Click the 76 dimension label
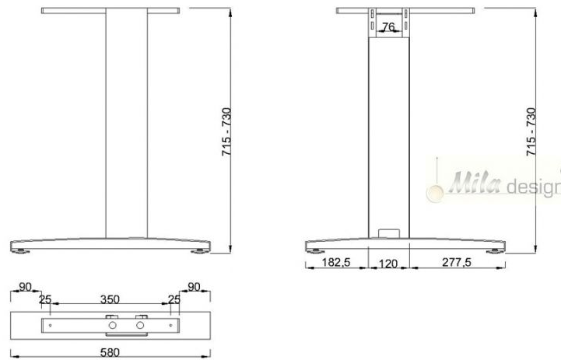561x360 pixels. [389, 27]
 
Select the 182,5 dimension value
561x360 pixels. [337, 264]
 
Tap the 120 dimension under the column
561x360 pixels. [388, 264]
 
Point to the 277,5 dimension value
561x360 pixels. [456, 264]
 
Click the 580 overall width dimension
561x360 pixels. [109, 352]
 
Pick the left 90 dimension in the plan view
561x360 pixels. [26, 287]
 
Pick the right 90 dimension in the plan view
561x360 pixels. [194, 287]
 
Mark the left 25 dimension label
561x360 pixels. [46, 299]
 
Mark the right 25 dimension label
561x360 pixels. [174, 299]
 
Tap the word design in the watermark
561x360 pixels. [534, 187]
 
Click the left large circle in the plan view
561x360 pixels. [114, 326]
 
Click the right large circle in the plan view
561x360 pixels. [140, 326]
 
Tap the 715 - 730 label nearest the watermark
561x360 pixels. [532, 132]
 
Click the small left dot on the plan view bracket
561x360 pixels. [51, 325]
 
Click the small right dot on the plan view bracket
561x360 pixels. [171, 325]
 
